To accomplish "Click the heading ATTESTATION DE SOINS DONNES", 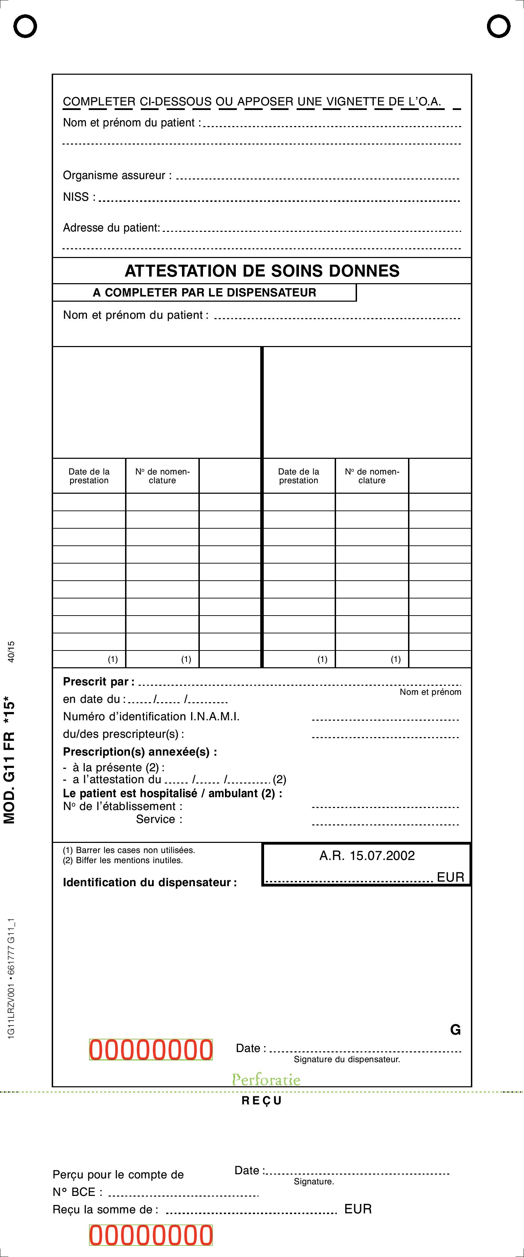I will click(x=262, y=271).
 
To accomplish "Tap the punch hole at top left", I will click(x=25, y=26).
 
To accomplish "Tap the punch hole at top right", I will click(x=498, y=26).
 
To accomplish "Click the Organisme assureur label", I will click(x=117, y=176).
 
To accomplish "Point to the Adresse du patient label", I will click(x=111, y=228).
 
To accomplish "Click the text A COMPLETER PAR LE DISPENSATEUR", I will click(x=205, y=292).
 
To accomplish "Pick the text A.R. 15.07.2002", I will click(x=367, y=855).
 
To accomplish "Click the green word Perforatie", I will click(x=266, y=1079).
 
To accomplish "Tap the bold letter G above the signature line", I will click(x=455, y=1030).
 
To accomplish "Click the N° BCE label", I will click(x=77, y=1192).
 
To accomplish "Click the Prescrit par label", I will click(x=96, y=682).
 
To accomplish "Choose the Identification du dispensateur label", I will click(x=150, y=882).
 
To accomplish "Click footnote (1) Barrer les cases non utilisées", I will click(x=129, y=850).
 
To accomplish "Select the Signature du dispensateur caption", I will click(x=347, y=1059).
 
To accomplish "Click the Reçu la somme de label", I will click(x=105, y=1210).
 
